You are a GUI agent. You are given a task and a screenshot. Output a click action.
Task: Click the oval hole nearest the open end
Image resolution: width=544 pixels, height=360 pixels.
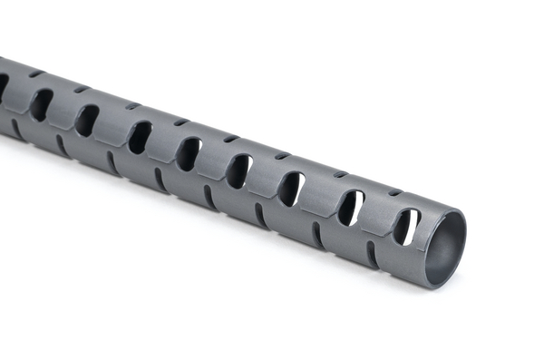pyautogui.click(x=405, y=227)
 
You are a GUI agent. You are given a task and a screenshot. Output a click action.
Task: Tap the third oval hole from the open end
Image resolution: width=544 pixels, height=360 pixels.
pyautogui.click(x=290, y=189)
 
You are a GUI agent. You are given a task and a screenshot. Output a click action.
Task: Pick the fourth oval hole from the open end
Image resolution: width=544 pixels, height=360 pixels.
pyautogui.click(x=239, y=170)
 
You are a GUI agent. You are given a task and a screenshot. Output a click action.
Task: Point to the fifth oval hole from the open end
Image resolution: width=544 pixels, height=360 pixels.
pyautogui.click(x=189, y=153)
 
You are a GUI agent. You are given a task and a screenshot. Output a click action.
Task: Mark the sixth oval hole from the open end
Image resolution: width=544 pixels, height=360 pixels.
pyautogui.click(x=140, y=137)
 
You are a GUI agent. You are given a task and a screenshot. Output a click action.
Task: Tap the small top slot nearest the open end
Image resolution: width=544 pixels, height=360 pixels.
pyautogui.click(x=394, y=192)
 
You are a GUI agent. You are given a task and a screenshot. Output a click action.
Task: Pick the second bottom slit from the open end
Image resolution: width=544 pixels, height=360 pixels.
pyautogui.click(x=316, y=235)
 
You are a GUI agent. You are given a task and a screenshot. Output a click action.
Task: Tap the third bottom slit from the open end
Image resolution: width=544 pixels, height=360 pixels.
pyautogui.click(x=261, y=216)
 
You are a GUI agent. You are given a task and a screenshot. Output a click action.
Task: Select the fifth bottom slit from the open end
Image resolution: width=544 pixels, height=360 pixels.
pyautogui.click(x=160, y=180)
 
